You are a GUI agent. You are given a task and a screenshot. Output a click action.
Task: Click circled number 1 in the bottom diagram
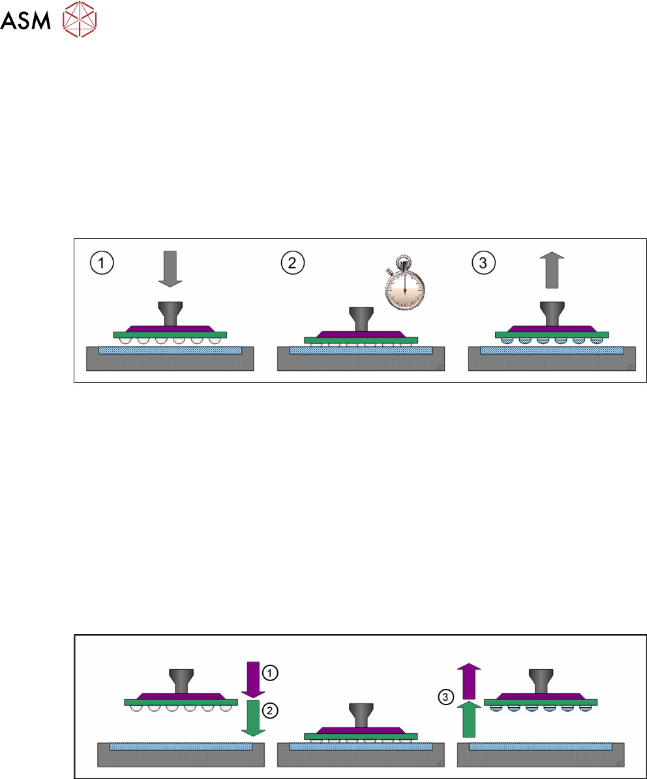pyautogui.click(x=269, y=672)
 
